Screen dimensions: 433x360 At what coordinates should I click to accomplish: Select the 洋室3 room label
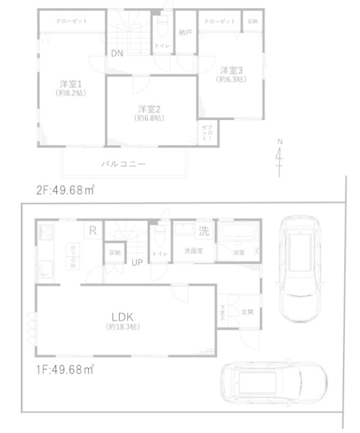231,71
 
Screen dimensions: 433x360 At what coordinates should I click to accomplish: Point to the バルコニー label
123,165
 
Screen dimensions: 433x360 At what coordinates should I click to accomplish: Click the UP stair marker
136,262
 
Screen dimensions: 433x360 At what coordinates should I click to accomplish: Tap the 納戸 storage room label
185,32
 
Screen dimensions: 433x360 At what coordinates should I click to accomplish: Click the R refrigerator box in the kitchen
92,231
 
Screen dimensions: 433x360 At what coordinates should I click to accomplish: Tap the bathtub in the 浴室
237,234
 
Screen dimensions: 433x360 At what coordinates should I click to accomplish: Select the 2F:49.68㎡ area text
66,191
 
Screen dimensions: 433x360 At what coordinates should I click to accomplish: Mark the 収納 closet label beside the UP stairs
115,253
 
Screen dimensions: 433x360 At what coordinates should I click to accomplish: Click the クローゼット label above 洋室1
72,21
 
